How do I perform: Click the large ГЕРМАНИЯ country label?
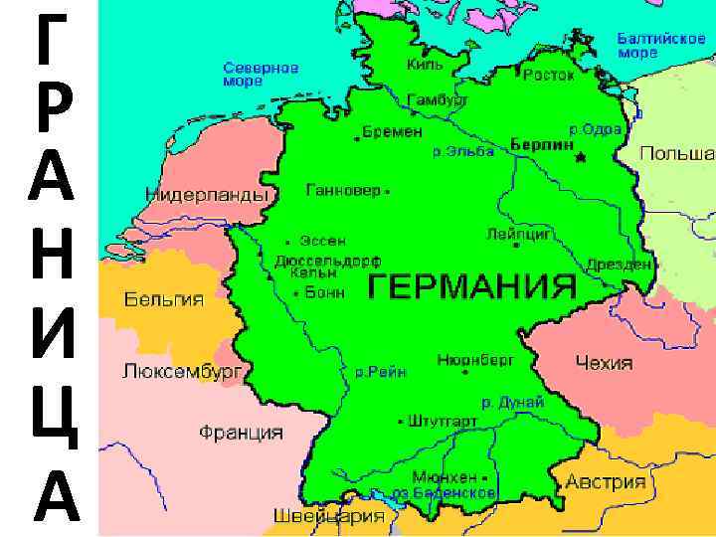(x=472, y=287)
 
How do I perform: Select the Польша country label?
(x=676, y=154)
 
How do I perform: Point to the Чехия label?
(x=604, y=363)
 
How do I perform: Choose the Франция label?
(x=241, y=434)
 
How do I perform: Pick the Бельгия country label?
(x=164, y=299)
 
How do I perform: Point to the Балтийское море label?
(x=661, y=44)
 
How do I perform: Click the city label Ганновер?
(x=342, y=189)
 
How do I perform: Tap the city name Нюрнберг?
(x=475, y=360)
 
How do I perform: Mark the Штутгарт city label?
(x=445, y=421)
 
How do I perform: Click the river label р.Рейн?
(x=381, y=372)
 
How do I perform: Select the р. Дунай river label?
(x=513, y=402)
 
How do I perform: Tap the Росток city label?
(x=549, y=75)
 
